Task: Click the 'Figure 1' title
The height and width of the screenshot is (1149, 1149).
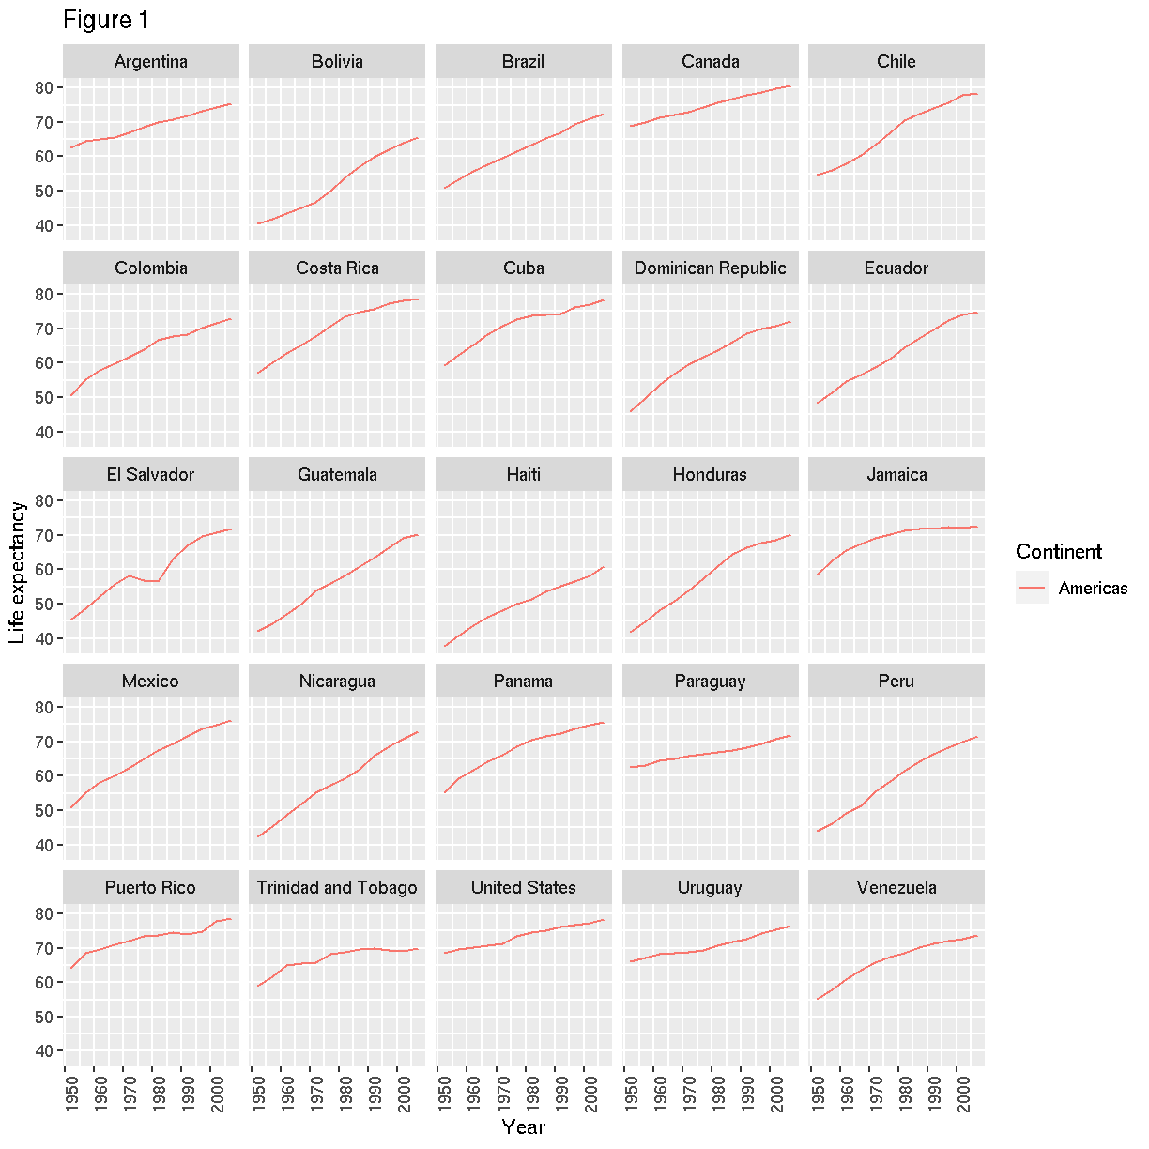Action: tap(105, 21)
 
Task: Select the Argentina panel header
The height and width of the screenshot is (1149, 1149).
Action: tap(150, 62)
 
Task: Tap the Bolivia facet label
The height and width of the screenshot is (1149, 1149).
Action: tap(337, 62)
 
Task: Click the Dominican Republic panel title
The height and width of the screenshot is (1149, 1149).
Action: tap(710, 268)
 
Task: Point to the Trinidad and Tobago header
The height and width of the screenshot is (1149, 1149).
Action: tap(337, 888)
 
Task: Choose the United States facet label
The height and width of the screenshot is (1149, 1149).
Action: tap(523, 888)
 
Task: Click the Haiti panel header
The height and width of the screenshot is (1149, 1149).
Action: tap(523, 475)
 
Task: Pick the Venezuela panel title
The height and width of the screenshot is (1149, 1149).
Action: tap(896, 888)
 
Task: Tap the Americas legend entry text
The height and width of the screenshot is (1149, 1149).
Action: tap(1093, 589)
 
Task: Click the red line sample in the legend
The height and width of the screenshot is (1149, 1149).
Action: tap(1032, 588)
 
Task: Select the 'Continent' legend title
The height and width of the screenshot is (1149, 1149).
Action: tap(1058, 552)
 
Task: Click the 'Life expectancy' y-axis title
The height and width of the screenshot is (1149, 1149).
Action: tap(18, 573)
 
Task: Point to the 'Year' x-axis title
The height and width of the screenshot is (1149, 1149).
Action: tap(523, 1127)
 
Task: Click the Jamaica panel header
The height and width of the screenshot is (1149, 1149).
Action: tap(896, 475)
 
